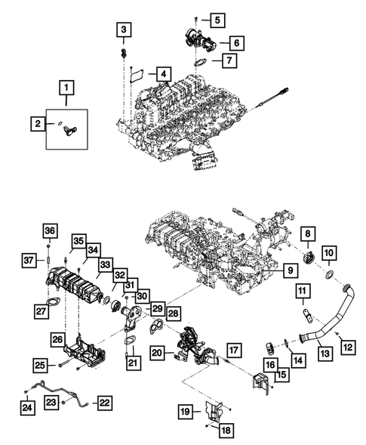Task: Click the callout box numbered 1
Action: click(x=68, y=89)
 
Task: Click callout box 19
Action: click(x=184, y=412)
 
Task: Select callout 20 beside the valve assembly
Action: click(x=157, y=351)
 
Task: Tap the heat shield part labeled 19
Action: click(x=214, y=413)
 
